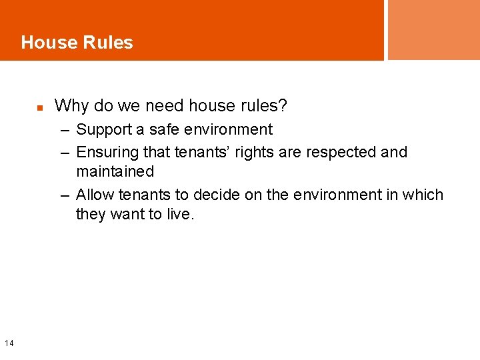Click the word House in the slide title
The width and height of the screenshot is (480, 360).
pos(48,43)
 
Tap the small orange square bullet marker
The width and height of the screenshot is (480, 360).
pos(40,107)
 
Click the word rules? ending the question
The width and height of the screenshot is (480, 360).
pos(264,105)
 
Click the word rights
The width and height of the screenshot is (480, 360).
pos(250,152)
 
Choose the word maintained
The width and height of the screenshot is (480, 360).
pos(115,171)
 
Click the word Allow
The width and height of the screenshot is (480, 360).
pos(95,195)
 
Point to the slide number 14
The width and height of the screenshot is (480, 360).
pos(9,343)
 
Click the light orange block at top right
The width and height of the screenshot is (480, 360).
pos(433,29)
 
